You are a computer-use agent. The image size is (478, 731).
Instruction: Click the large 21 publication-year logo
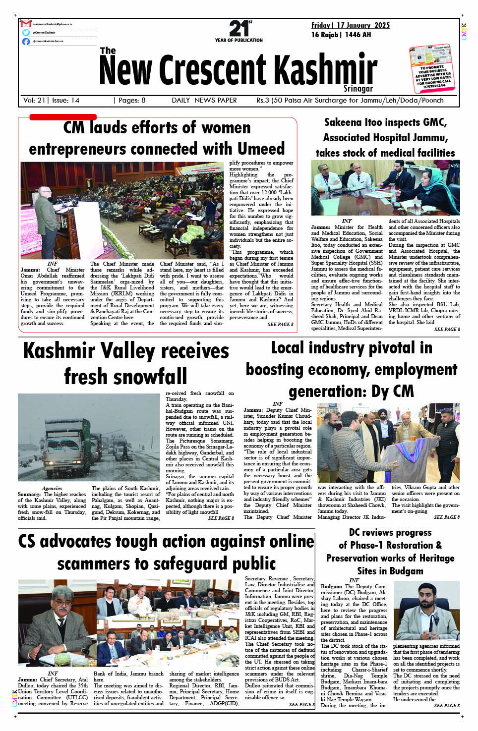coord(239,29)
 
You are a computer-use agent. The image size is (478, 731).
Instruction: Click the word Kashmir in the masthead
coord(325,69)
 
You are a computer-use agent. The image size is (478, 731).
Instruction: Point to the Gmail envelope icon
coord(26,24)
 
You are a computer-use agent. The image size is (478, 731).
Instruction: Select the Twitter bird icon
coord(26,33)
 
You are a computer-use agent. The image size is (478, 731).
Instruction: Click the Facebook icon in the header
coord(26,42)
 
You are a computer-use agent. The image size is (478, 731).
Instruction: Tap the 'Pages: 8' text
coord(130,100)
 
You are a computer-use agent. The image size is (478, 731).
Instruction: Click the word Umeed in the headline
coord(261,149)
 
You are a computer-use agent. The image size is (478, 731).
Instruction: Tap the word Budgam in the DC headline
coord(406,570)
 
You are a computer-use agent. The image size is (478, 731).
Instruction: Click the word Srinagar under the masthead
coord(358,89)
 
